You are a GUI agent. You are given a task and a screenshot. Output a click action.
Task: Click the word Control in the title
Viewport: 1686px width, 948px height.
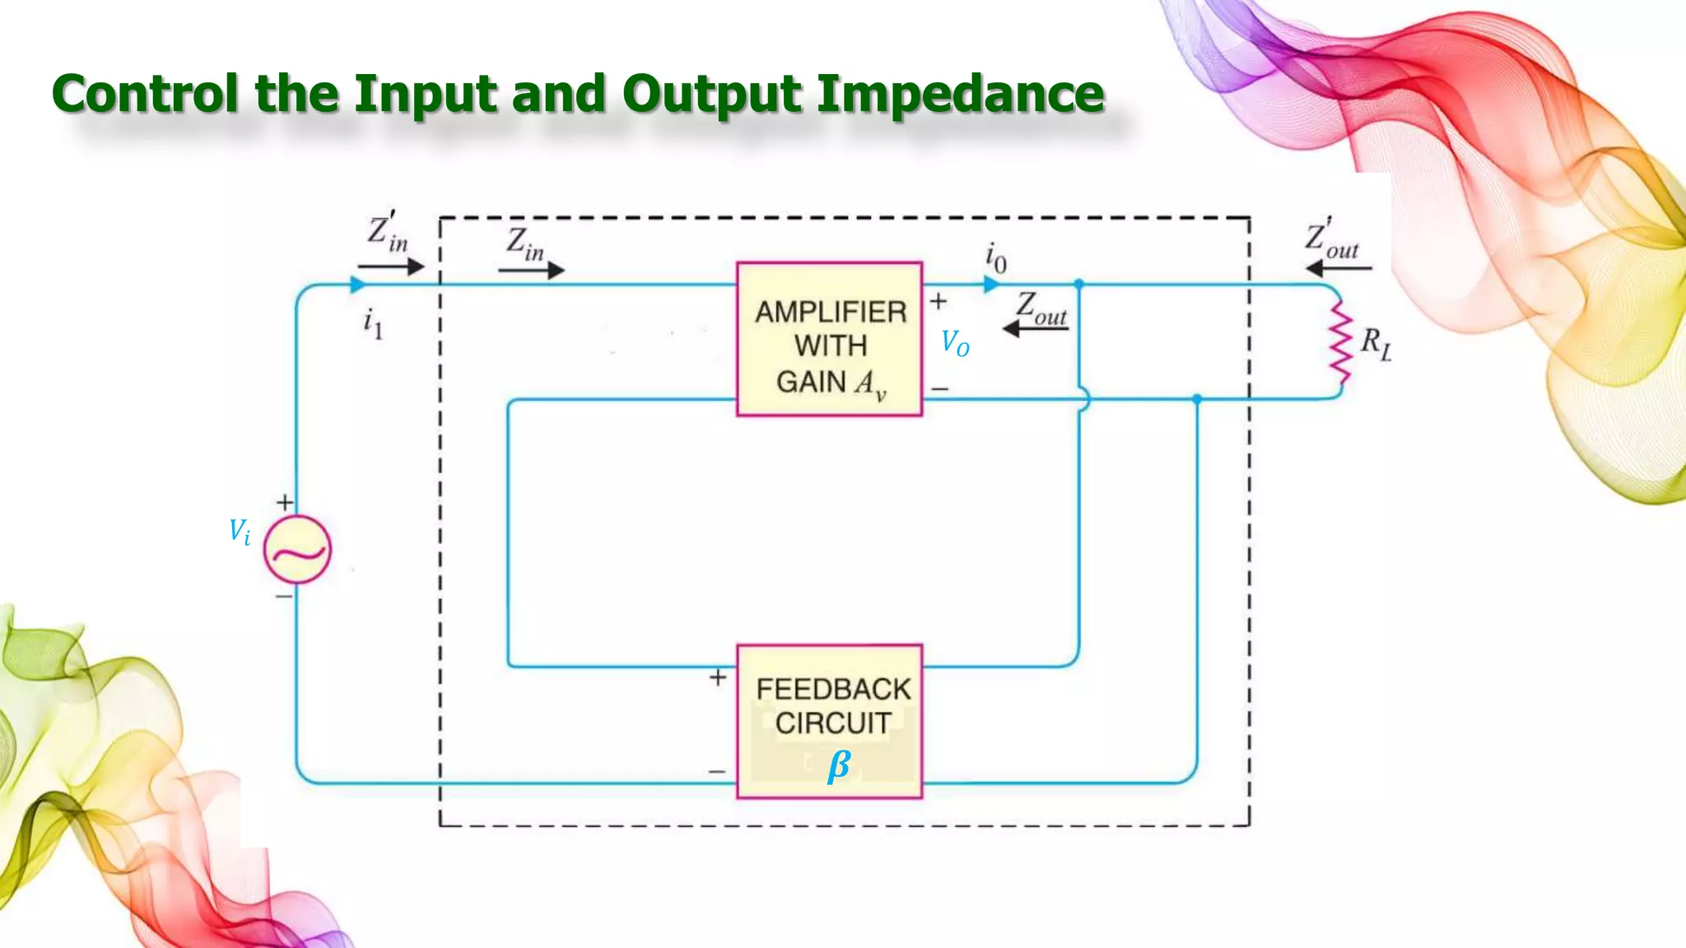click(145, 93)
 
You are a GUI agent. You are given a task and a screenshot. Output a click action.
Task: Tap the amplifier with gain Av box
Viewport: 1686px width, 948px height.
click(829, 339)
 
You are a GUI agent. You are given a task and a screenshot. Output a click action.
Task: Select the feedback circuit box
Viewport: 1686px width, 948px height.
click(829, 721)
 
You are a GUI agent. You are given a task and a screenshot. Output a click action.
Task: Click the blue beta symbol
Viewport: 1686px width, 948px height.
click(838, 766)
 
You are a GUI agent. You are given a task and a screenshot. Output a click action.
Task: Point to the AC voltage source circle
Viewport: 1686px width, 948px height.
click(297, 550)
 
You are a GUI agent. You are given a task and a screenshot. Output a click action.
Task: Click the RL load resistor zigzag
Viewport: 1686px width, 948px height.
click(1341, 342)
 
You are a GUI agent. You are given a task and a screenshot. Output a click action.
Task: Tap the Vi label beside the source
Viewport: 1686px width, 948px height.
click(240, 532)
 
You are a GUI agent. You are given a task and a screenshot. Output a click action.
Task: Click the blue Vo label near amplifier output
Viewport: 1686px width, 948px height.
click(955, 342)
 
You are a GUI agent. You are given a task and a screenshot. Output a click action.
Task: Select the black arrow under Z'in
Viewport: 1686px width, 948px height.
click(391, 267)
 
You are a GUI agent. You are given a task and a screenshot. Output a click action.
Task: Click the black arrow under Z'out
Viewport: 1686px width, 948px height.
click(1339, 268)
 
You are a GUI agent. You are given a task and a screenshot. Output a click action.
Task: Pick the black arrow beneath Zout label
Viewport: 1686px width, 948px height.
click(1035, 329)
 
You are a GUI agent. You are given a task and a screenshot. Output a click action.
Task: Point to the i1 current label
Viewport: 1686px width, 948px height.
click(373, 323)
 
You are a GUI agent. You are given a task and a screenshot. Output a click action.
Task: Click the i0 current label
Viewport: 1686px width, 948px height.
click(995, 258)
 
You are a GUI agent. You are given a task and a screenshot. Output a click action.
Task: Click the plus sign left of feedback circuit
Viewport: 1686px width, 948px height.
click(718, 677)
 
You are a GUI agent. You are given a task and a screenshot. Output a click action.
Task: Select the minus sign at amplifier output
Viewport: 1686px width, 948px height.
click(940, 388)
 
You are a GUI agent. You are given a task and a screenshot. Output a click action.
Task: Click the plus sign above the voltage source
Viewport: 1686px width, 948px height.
click(285, 502)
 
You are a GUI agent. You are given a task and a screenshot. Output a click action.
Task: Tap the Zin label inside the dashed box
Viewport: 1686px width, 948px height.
click(525, 244)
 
